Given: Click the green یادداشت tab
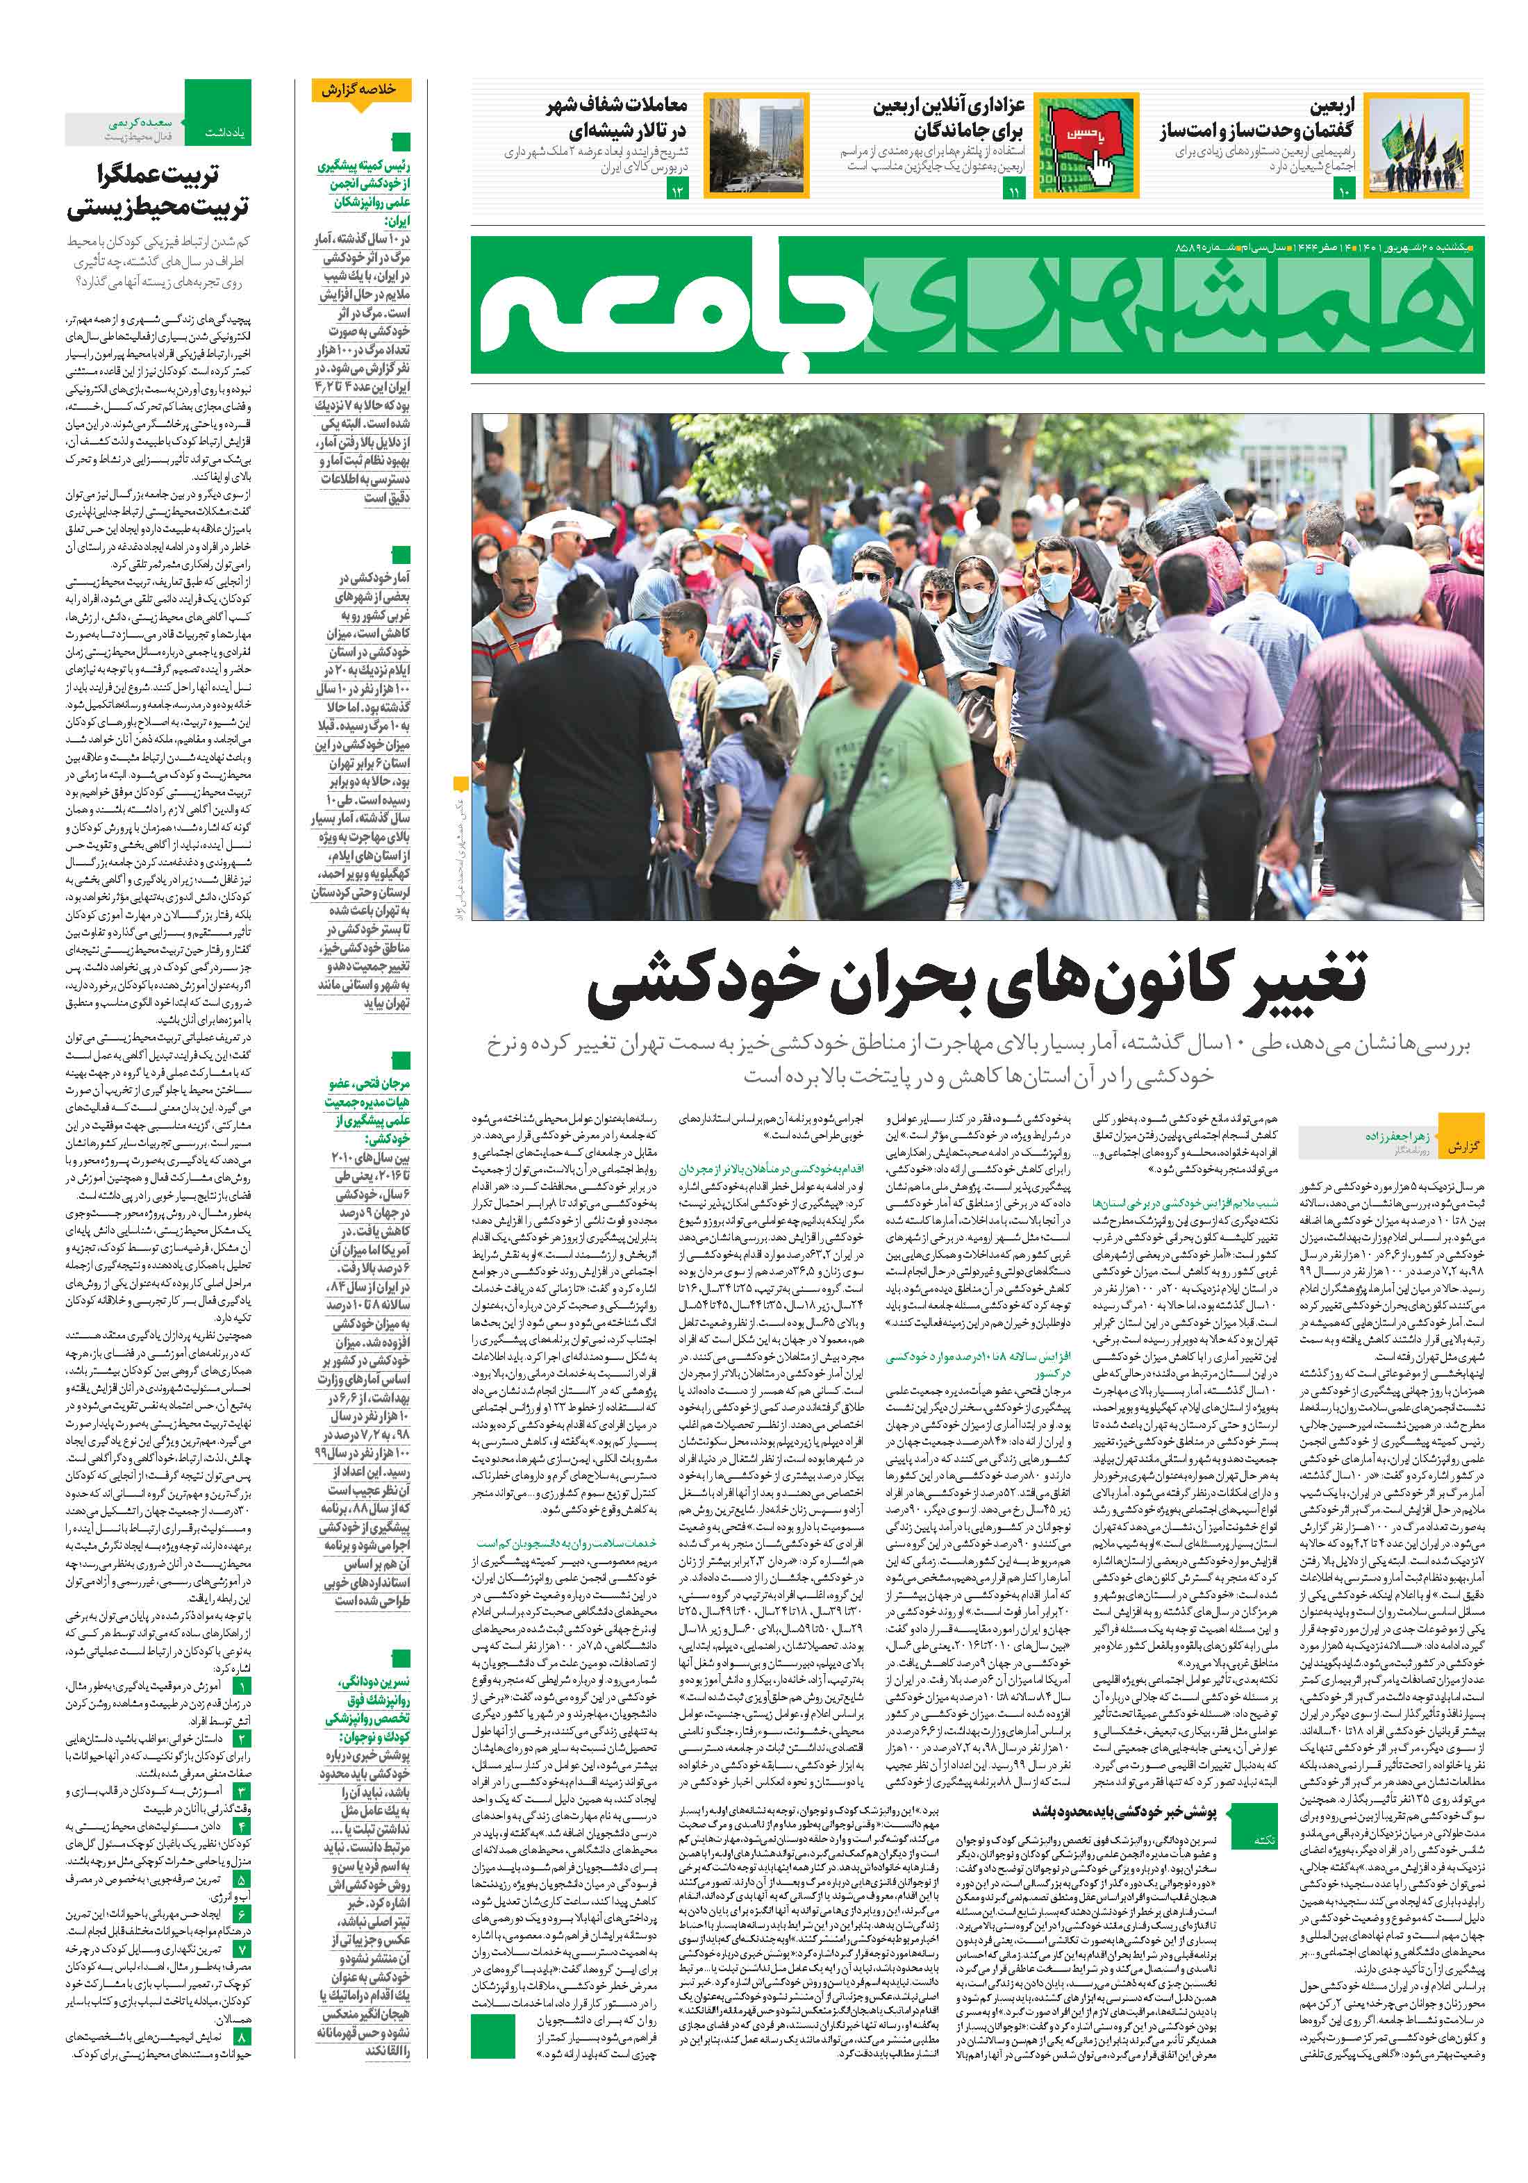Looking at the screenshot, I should pyautogui.click(x=218, y=124).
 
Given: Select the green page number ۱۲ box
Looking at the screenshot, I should pyautogui.click(x=678, y=193).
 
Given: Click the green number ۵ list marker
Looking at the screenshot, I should pyautogui.click(x=242, y=1879).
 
